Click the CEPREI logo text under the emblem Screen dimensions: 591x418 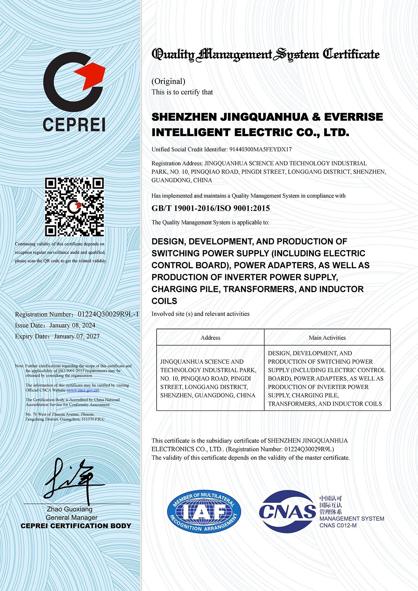74,125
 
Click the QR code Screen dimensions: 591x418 74,207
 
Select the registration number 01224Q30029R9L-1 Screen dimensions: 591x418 108,314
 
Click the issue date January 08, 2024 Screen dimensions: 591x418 72,325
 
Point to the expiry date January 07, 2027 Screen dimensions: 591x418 77,336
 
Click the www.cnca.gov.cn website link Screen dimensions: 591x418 83,390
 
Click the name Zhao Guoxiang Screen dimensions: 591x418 70,509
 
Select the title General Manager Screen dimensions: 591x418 71,518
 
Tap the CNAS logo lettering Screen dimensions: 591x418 287,511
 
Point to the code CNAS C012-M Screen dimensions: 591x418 338,525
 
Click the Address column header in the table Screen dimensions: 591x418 210,338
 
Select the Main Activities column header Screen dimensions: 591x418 327,338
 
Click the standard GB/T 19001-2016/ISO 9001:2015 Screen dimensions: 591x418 211,208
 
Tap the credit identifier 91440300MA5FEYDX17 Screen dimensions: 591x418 260,149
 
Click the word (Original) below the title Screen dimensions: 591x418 168,81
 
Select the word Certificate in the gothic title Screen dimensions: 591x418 351,54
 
